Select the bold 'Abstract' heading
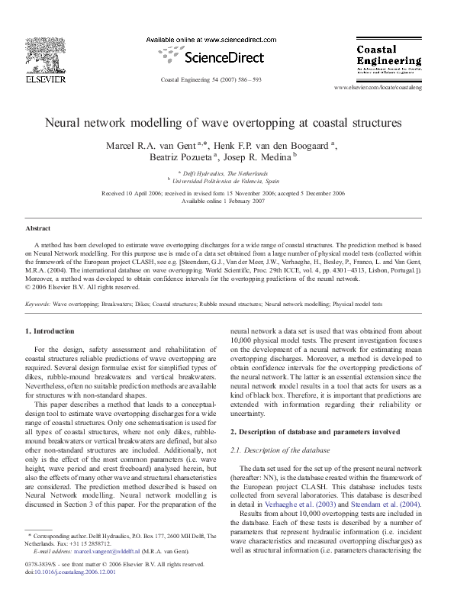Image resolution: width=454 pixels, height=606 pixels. tap(37, 228)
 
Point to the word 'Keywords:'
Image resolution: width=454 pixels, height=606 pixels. tap(38, 304)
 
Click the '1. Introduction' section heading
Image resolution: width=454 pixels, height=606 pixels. tap(50, 331)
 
